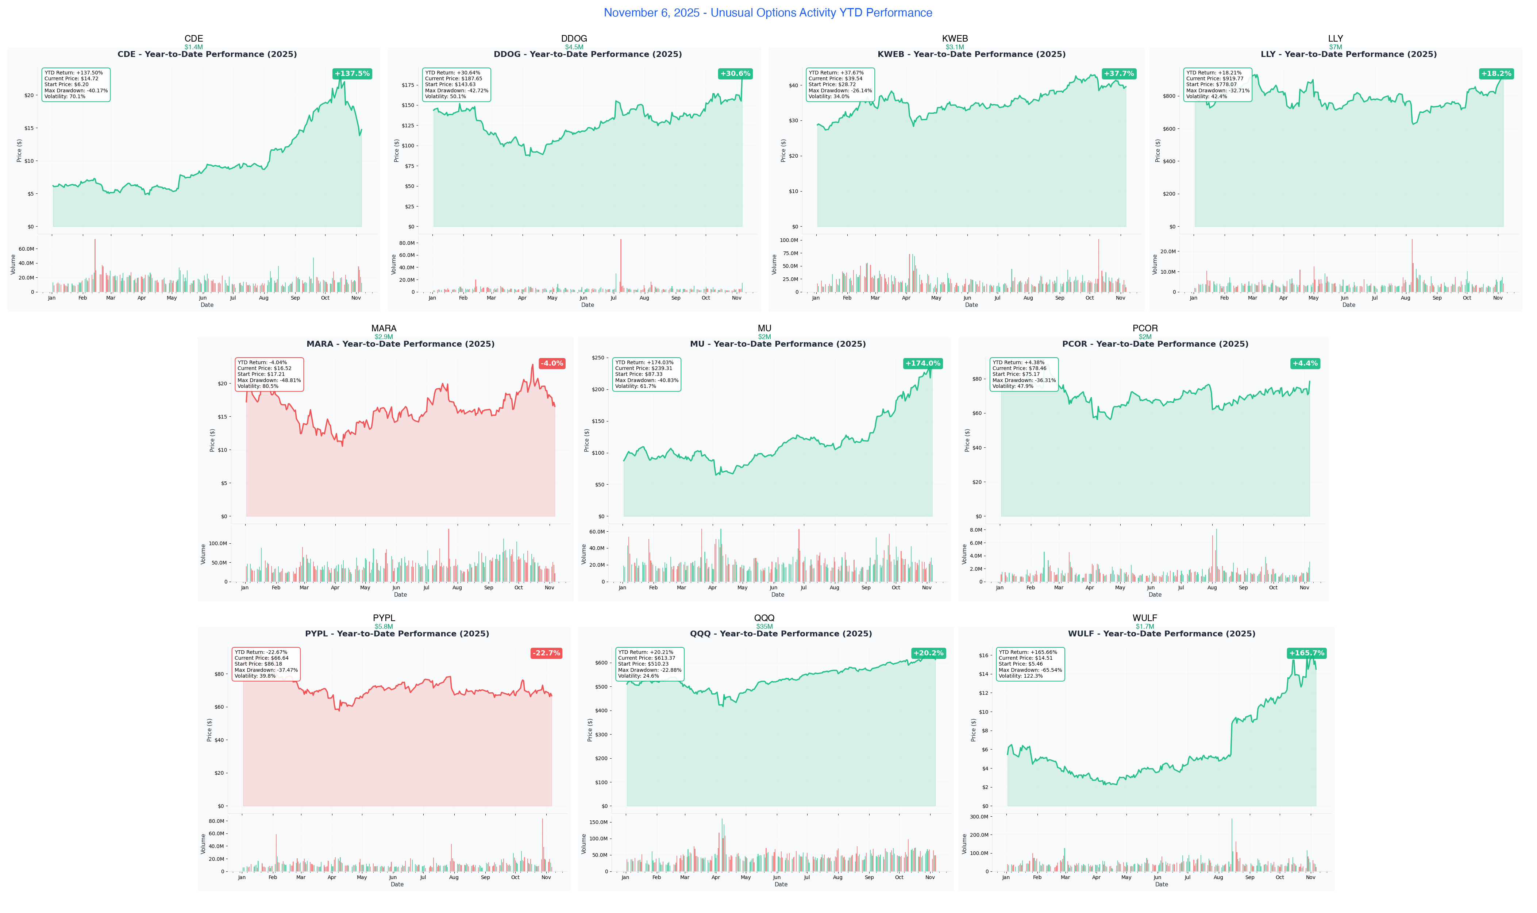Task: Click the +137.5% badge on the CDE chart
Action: [x=352, y=74]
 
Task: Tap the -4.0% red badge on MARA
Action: [x=552, y=363]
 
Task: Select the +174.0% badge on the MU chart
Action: [x=922, y=363]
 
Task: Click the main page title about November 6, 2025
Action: [x=767, y=13]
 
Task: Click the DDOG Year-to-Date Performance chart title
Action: [x=588, y=54]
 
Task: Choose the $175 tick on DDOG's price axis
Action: [x=408, y=85]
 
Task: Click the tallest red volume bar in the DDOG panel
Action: [x=621, y=265]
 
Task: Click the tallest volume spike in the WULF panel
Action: [x=1231, y=844]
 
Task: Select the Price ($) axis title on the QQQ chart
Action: [x=590, y=730]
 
